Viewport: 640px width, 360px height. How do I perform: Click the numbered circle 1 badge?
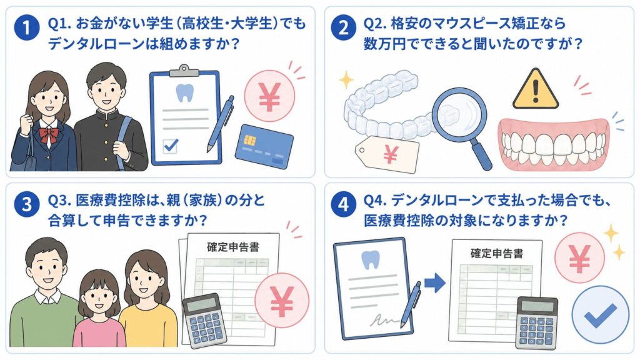tap(26, 28)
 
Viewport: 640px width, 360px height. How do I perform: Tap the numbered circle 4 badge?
tap(343, 204)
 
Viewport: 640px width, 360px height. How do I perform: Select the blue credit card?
tap(264, 146)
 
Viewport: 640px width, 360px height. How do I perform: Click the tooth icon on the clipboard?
tap(184, 92)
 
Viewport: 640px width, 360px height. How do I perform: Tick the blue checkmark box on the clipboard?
tap(170, 145)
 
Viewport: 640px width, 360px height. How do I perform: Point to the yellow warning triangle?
tap(535, 90)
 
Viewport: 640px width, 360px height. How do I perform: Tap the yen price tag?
tap(387, 154)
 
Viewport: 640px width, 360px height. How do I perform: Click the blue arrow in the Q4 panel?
tap(435, 283)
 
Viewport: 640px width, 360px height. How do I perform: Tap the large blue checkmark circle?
tap(601, 315)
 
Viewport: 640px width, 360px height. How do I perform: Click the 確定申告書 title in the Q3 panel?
tap(233, 247)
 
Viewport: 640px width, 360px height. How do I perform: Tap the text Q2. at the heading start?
tap(375, 24)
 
